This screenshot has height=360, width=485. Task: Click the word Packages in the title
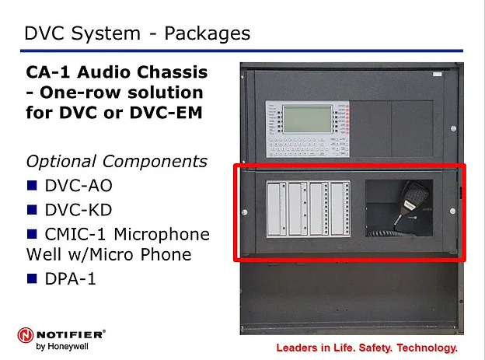tap(207, 33)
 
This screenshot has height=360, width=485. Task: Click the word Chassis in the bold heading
tap(173, 72)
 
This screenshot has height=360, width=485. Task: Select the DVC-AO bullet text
tap(79, 186)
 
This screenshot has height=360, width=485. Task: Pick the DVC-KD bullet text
tap(79, 210)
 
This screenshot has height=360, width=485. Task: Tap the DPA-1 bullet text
tap(70, 278)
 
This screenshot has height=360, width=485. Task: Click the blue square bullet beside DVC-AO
tap(32, 185)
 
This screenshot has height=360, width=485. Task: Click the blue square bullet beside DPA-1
tap(32, 278)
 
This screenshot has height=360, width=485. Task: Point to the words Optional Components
tap(117, 162)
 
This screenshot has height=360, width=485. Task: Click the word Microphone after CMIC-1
tap(162, 234)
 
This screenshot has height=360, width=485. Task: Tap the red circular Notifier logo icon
tap(26, 335)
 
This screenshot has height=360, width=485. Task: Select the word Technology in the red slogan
tap(427, 348)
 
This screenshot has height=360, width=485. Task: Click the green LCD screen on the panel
tap(308, 120)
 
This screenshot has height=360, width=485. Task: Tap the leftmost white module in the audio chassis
tap(277, 209)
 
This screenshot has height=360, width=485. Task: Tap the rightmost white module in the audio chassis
tap(340, 209)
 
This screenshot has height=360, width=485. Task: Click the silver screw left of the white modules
tap(244, 212)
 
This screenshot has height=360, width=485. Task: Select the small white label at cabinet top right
tap(437, 74)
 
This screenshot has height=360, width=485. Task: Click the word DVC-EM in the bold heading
tap(166, 113)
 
